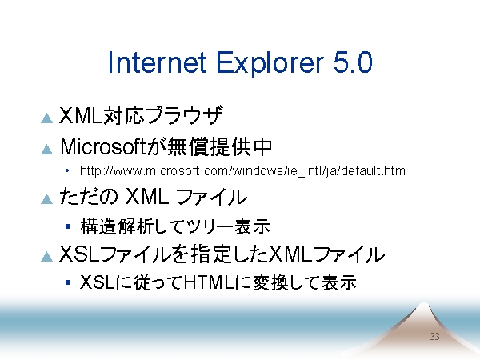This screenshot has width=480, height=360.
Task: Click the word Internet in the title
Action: point(158,62)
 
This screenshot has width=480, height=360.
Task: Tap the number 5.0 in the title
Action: point(353,62)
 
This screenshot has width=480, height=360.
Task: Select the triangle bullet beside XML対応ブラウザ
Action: point(47,118)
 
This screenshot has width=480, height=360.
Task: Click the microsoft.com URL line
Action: point(242,171)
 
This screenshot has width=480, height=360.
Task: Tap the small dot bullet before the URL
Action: point(67,170)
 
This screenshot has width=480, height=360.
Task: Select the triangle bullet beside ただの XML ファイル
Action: point(47,199)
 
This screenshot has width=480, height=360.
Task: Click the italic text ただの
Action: point(89,196)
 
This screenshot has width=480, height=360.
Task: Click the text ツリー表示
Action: point(227,226)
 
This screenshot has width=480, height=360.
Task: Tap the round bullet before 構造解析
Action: point(68,226)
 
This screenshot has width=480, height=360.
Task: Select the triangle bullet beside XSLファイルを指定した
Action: point(47,257)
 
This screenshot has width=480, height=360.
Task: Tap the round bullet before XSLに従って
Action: point(68,282)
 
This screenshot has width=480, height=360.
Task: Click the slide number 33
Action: point(434,337)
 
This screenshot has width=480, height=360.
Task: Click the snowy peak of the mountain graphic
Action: point(423,306)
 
